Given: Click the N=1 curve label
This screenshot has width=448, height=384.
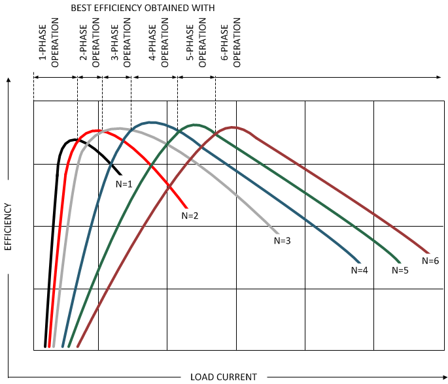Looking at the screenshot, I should pos(124,184).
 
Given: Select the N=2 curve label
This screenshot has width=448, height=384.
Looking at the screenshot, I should pos(190,215).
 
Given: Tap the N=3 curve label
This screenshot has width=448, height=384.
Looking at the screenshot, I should pos(282,240).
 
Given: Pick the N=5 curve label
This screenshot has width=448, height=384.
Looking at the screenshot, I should pos(400,270).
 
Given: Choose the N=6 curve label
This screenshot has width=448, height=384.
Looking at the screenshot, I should pos(430,261).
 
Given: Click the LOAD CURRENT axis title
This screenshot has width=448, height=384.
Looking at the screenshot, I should pos(224,377).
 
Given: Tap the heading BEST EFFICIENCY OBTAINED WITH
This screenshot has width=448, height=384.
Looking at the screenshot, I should pos(143,7).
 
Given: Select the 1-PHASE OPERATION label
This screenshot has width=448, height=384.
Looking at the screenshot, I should pos(50,45).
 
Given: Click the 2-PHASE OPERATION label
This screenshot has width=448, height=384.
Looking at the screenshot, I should pos(90,45).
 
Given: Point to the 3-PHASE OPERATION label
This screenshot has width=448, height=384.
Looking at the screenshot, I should pos(121,45).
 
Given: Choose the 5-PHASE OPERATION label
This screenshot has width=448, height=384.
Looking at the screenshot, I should pos(196,45).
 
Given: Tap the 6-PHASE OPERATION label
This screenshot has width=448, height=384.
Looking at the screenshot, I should pos(231,45).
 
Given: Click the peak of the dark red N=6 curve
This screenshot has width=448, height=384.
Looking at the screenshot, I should pos(233,127).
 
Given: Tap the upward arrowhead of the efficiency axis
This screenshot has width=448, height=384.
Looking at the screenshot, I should pos(9,80).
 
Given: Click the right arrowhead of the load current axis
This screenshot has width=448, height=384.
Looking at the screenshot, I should pos(443,377).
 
